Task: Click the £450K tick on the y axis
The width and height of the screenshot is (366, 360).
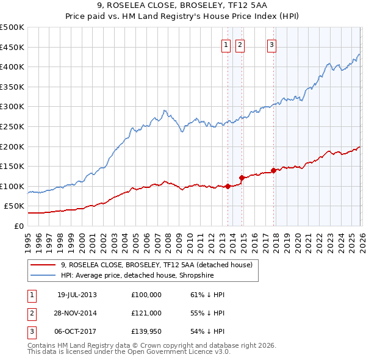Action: pos(12,47)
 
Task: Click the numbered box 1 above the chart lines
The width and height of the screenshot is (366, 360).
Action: pos(226,44)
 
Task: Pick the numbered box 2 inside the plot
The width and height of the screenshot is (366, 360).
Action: pos(240,44)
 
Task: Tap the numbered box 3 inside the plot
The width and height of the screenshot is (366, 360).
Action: pos(271,44)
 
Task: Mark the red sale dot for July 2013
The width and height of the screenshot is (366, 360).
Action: pos(228,186)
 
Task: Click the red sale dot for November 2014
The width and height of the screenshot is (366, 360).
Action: pos(242,178)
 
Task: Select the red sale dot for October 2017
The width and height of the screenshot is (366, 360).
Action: pos(273,170)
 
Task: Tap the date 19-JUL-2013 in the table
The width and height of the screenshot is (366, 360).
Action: pos(77,295)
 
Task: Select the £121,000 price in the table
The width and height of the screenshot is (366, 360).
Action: pos(146,312)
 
